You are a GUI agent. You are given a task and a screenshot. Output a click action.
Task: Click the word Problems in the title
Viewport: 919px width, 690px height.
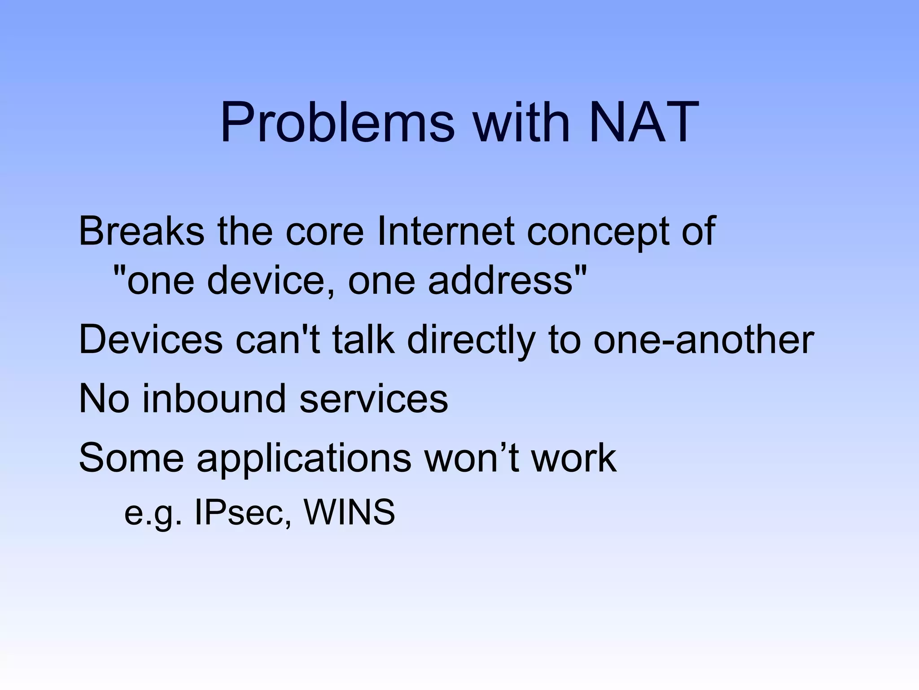pyautogui.click(x=337, y=122)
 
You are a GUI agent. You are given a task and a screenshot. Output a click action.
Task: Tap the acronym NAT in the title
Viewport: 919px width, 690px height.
pyautogui.click(x=643, y=122)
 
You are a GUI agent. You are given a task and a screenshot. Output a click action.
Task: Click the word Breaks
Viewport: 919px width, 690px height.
pyautogui.click(x=141, y=231)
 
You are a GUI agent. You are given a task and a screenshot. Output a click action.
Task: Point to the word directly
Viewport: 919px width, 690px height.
pyautogui.click(x=471, y=341)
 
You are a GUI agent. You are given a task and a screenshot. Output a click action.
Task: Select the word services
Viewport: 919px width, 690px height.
pyautogui.click(x=373, y=399)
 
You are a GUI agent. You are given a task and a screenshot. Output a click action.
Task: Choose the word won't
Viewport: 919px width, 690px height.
pyautogui.click(x=472, y=458)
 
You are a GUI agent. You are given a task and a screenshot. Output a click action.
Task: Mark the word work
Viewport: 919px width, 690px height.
pyautogui.click(x=574, y=458)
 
